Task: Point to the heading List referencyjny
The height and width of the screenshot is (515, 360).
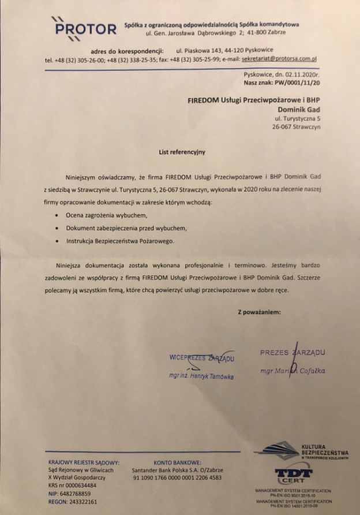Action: pyautogui.click(x=182, y=152)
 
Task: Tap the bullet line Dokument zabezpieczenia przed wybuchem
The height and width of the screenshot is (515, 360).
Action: pyautogui.click(x=126, y=228)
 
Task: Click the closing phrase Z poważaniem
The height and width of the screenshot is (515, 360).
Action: pyautogui.click(x=259, y=312)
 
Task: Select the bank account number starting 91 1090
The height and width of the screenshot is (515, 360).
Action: pyautogui.click(x=177, y=478)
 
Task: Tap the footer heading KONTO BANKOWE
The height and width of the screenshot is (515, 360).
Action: pyautogui.click(x=177, y=462)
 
